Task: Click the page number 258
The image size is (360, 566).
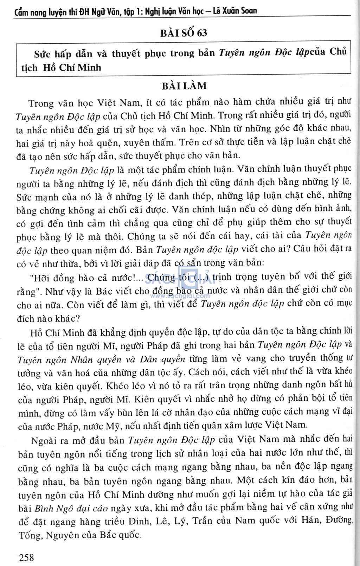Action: [x=27, y=557]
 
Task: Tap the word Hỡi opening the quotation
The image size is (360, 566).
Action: [x=41, y=278]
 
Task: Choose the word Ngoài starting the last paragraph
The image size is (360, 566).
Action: [x=44, y=440]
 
